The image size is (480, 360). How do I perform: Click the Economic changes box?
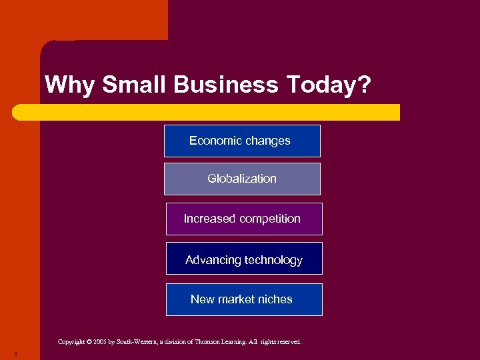pos(242,141)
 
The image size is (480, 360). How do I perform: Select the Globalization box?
pos(242,179)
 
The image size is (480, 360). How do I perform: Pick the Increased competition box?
pos(243,219)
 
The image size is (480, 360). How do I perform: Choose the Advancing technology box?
pos(243,259)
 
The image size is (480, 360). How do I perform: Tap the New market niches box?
pos(243,299)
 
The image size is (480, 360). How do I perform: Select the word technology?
pos(273,260)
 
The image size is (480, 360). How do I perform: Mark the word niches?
pos(276,299)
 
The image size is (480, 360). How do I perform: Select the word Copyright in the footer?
pos(71,342)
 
